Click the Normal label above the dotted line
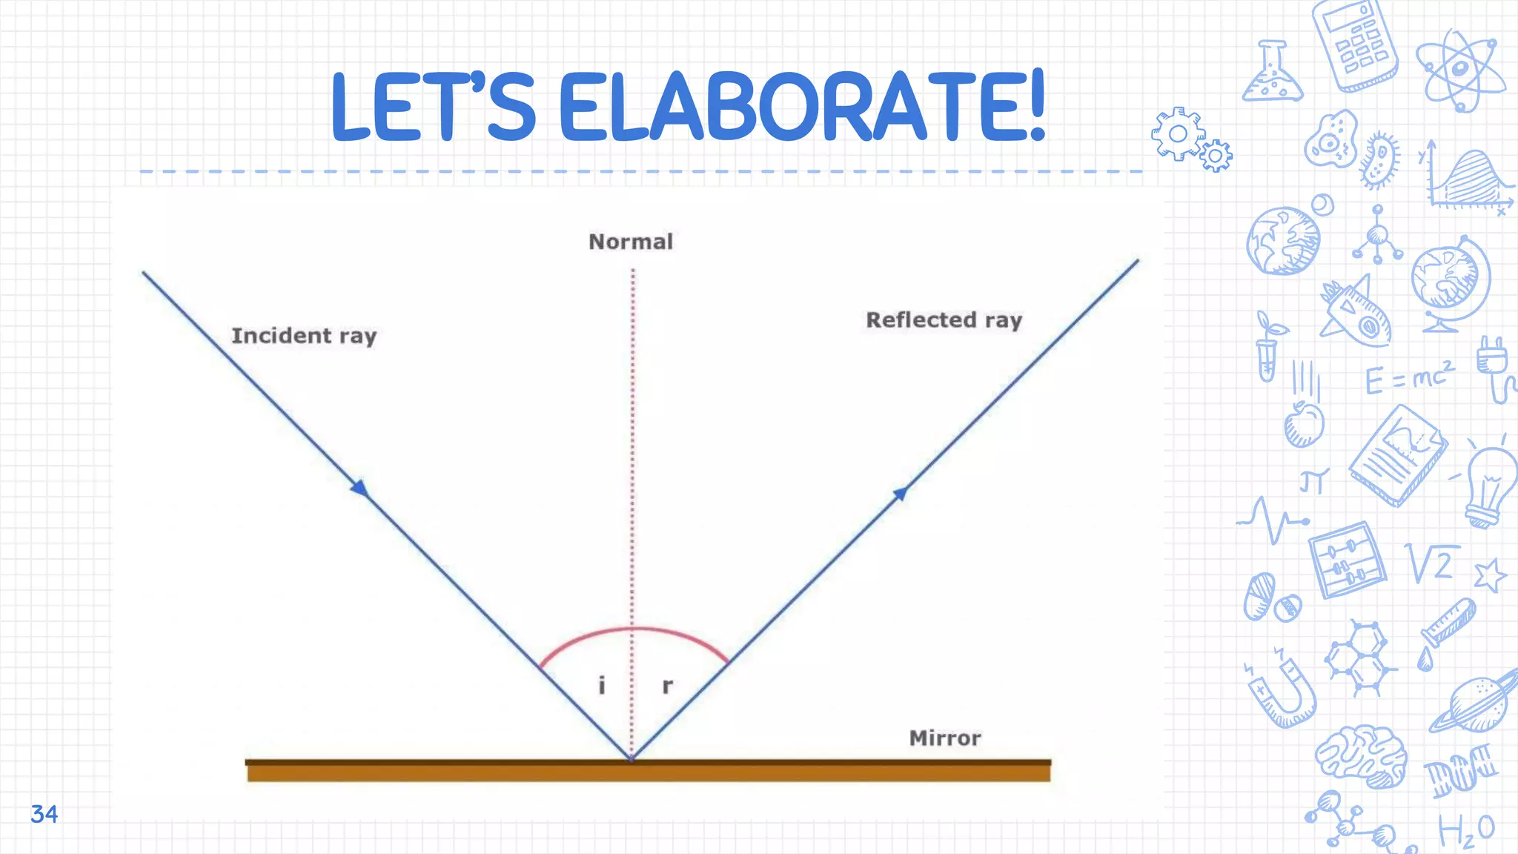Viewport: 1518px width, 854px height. coord(631,242)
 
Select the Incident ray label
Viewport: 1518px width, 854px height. coord(304,336)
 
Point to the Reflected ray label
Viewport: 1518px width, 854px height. coord(944,320)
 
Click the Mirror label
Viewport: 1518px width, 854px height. coord(945,738)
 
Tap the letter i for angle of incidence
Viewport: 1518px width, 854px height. coord(602,685)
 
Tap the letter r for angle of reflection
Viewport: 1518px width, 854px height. coord(667,686)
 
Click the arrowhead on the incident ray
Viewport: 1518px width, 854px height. coord(360,488)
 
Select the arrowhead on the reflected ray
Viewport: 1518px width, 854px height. coord(900,493)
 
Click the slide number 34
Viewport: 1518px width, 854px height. coord(44,814)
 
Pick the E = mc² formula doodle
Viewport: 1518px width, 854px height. coord(1409,378)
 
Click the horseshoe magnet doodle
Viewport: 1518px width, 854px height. coord(1282,689)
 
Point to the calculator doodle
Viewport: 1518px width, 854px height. coord(1355,44)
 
